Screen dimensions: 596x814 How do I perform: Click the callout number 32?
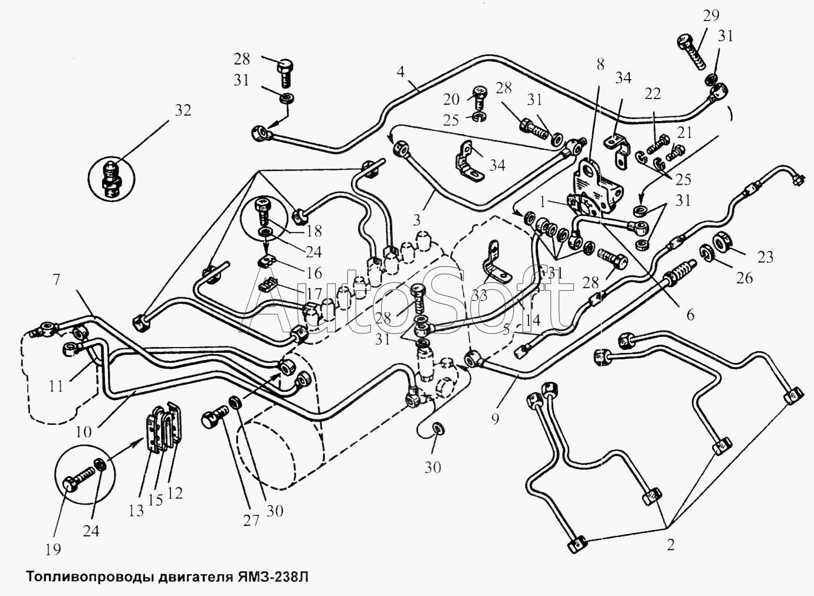(x=183, y=110)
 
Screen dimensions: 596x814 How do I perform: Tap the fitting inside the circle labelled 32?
(x=112, y=175)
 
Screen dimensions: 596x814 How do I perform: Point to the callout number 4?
(x=401, y=74)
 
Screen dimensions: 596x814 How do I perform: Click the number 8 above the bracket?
(x=600, y=64)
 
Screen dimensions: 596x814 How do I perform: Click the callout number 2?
(x=671, y=545)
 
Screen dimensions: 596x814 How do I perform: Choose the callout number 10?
(x=84, y=431)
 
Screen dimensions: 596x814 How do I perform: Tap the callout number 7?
(x=57, y=279)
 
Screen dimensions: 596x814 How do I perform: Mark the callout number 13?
(x=136, y=510)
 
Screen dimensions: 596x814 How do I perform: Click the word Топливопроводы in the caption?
(x=87, y=575)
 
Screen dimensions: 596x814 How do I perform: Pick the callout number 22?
(x=652, y=94)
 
